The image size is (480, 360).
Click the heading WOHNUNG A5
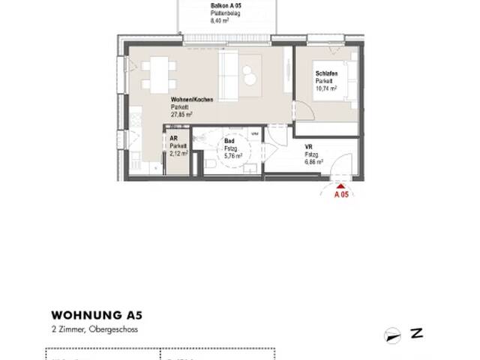coord(87,315)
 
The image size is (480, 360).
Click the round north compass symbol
coord(390,334)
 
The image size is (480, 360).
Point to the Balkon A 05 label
coord(208,4)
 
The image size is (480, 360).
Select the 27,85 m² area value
coord(182,115)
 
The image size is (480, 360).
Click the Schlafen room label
coord(326,73)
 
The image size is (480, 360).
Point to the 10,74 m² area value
coord(326,87)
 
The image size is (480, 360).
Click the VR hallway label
coord(308,148)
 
